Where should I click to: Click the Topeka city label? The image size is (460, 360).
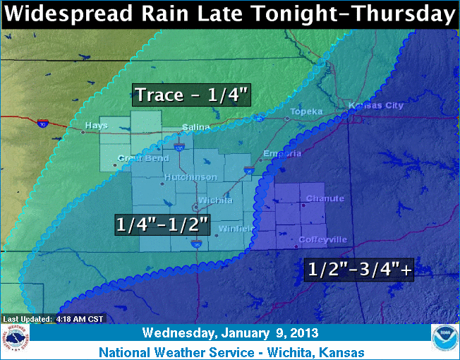[x=308, y=112]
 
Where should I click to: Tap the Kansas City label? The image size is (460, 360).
[x=376, y=105]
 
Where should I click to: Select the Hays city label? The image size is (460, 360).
[x=96, y=126]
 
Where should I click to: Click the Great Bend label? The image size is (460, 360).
[x=135, y=158]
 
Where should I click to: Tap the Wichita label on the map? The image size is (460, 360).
[x=215, y=200]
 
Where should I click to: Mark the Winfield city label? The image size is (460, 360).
[x=232, y=228]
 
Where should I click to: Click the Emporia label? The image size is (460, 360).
[x=277, y=154]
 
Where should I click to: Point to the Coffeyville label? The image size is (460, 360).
[x=322, y=239]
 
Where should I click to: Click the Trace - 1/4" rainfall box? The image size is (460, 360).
[x=191, y=95]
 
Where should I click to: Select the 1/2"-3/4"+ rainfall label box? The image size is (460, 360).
[x=358, y=269]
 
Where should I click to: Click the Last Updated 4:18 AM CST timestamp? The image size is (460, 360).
[x=53, y=319]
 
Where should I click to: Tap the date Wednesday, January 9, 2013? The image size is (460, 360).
[x=230, y=332]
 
